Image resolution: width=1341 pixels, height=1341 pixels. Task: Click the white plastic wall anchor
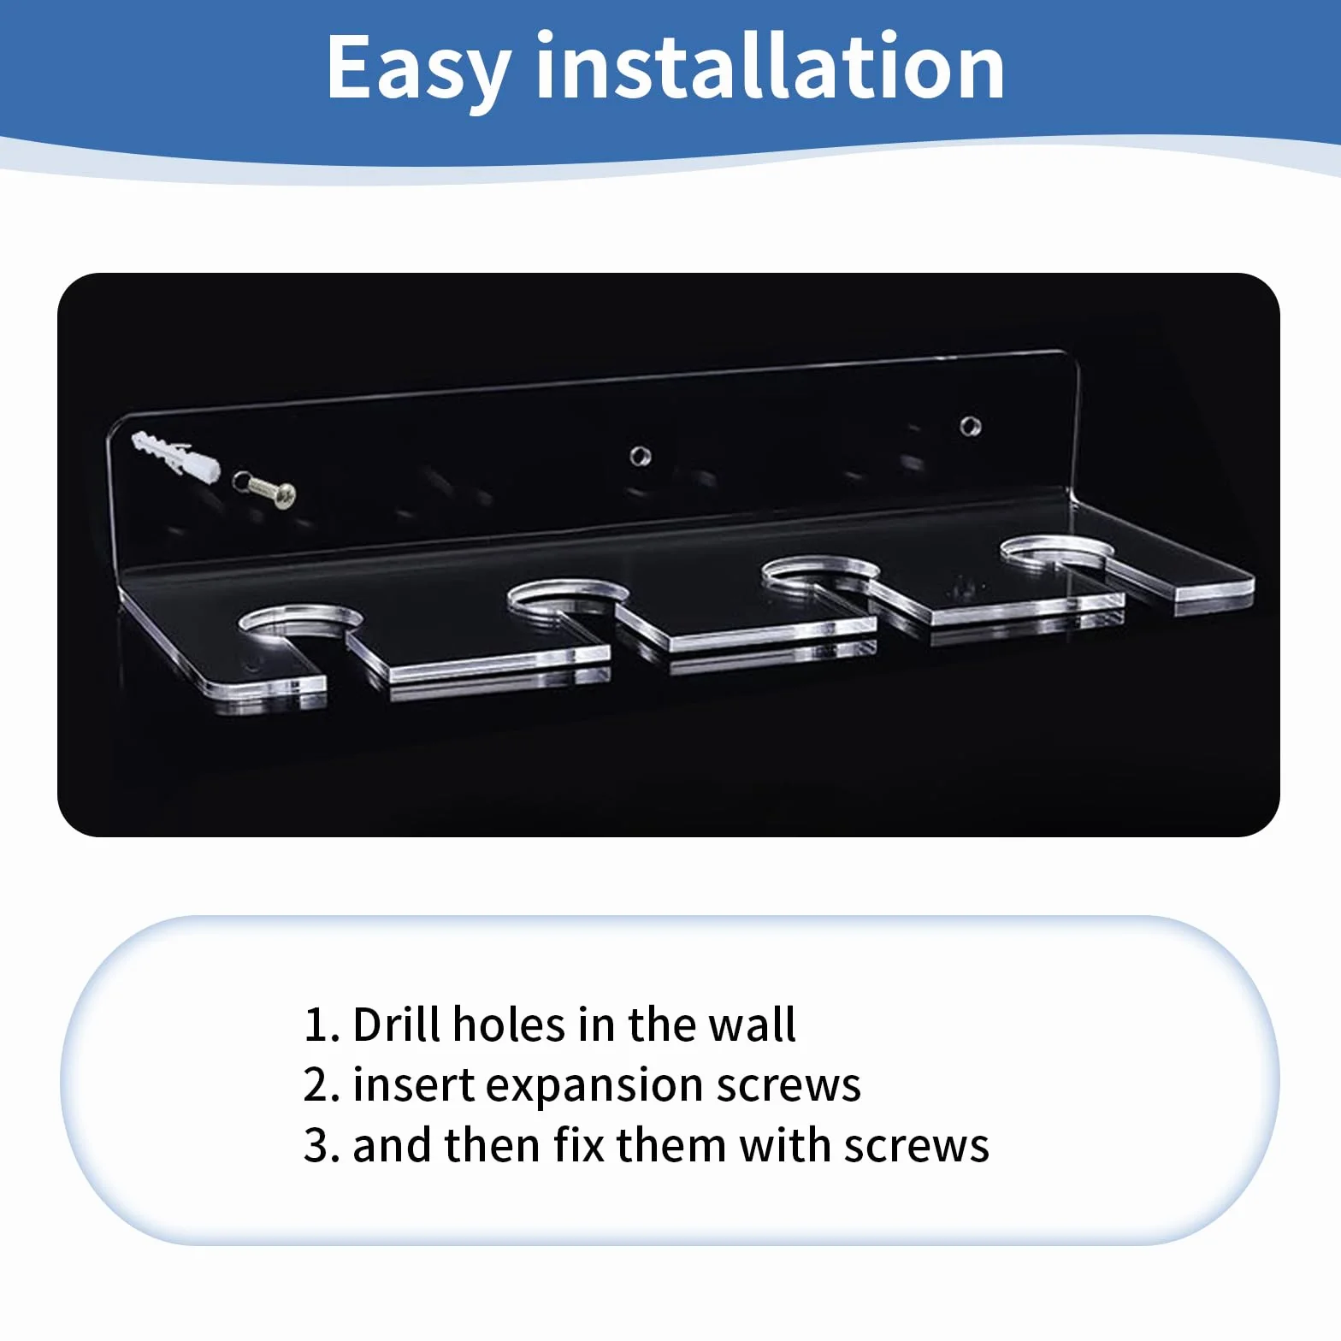[174, 456]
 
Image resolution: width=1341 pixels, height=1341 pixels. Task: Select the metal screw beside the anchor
[265, 488]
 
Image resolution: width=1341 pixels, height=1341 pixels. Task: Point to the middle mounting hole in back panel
[641, 456]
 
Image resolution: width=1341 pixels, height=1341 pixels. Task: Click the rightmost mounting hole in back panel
[970, 425]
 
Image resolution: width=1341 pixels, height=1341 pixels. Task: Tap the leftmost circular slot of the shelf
[299, 622]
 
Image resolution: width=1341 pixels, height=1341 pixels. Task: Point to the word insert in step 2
[414, 1085]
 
